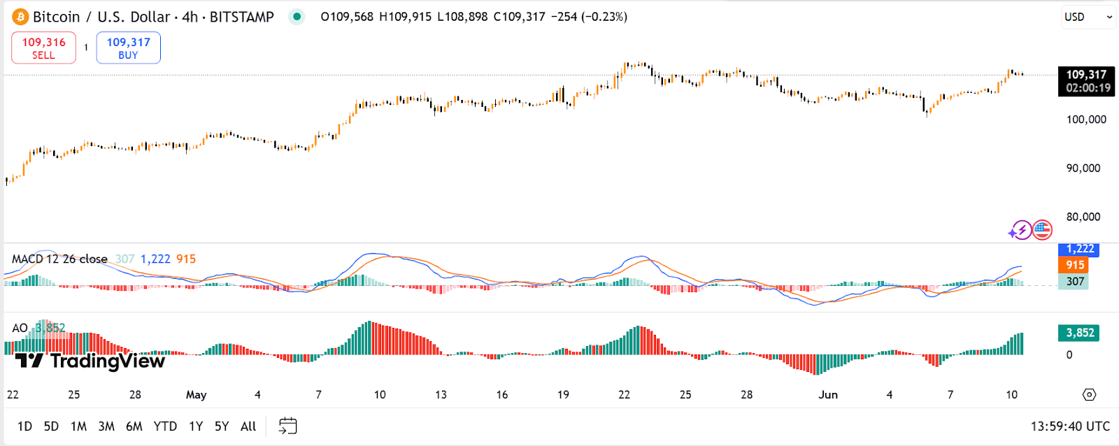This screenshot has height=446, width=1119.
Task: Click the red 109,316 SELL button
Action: click(43, 48)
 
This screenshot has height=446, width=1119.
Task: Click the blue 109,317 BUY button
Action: click(128, 48)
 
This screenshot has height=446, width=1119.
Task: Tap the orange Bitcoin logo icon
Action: click(20, 17)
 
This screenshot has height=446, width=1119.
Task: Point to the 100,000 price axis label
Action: click(1085, 120)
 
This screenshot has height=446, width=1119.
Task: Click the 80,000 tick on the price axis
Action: click(1083, 217)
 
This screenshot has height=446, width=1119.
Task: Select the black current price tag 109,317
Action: click(1085, 80)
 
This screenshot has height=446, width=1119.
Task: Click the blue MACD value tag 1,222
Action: click(1078, 249)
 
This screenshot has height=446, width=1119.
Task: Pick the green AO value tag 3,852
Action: click(1078, 333)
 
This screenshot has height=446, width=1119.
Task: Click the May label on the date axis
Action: click(196, 395)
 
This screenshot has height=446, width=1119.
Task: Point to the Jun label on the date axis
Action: click(828, 395)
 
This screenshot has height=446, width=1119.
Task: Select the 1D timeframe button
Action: click(24, 426)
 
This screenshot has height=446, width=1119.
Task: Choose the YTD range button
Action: click(165, 426)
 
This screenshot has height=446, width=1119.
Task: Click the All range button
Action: click(248, 426)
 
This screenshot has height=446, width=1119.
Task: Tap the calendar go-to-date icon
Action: click(287, 426)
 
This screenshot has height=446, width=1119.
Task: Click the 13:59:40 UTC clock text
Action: click(1069, 426)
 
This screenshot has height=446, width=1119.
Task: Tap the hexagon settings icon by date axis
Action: click(1089, 395)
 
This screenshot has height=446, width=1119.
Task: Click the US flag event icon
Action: click(1042, 229)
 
